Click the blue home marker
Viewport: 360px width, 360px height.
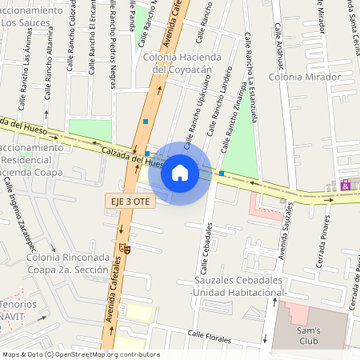click(180, 172)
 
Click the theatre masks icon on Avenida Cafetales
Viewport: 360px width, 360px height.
click(126, 250)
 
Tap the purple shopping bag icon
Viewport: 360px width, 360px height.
click(346, 185)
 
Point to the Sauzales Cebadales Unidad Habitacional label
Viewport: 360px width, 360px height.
click(239, 287)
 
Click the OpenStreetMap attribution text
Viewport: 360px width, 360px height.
click(80, 354)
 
